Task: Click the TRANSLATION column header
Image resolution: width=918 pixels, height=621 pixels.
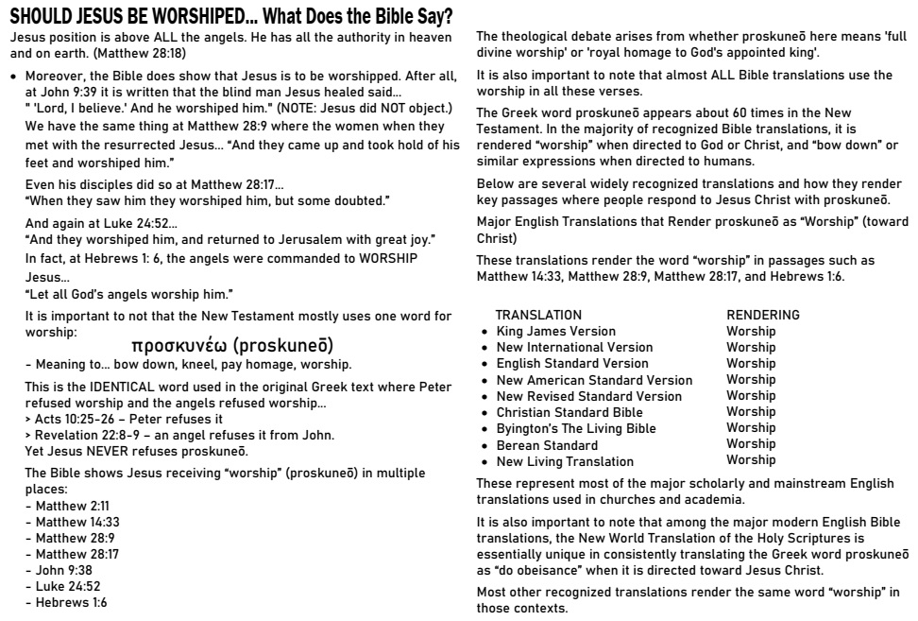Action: tap(538, 314)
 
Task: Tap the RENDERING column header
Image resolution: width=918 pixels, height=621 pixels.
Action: tap(763, 314)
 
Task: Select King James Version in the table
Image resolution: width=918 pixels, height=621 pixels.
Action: tap(555, 331)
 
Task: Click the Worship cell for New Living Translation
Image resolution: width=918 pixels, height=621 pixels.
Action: tap(751, 459)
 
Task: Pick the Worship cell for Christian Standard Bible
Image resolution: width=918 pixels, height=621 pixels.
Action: tap(751, 411)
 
